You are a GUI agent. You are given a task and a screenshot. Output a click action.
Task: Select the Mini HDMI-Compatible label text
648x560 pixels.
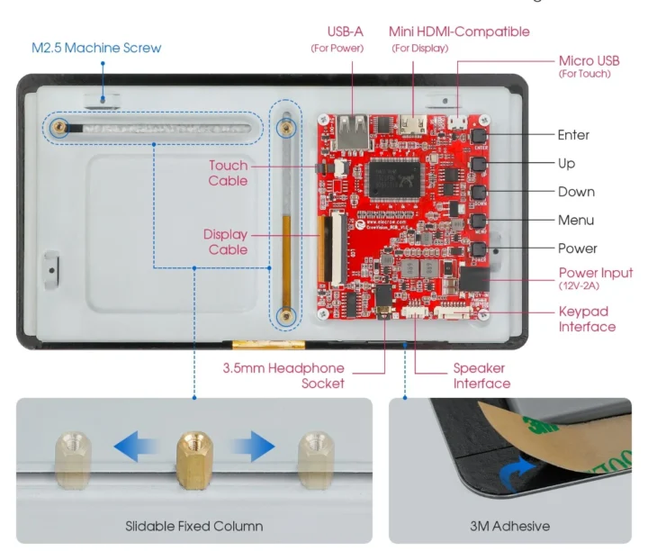(x=459, y=32)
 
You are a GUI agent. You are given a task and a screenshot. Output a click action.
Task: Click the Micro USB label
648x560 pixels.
(x=589, y=60)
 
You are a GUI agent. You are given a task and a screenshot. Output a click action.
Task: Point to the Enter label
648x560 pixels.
(x=573, y=135)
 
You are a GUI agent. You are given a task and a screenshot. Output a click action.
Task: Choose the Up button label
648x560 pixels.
(x=566, y=163)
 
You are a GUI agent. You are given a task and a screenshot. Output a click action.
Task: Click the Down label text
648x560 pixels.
(x=576, y=192)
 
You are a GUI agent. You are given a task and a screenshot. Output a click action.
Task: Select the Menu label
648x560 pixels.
(x=576, y=220)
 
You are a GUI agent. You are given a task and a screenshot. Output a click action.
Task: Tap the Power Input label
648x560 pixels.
(x=596, y=273)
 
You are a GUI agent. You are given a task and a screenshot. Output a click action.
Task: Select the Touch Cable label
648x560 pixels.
(x=228, y=173)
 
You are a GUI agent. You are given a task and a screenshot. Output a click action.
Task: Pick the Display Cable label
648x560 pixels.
(x=225, y=242)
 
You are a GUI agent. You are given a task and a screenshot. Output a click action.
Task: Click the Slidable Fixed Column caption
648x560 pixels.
(x=193, y=526)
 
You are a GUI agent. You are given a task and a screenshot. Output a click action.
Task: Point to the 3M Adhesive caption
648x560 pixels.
(x=508, y=526)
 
